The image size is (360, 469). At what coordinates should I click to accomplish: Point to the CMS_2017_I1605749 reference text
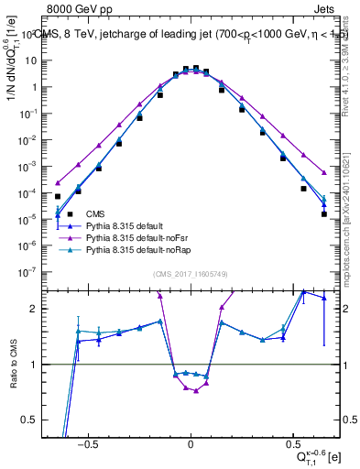pyautogui.click(x=191, y=275)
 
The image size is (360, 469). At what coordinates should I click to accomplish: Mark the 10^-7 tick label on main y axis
pyautogui.click(x=27, y=272)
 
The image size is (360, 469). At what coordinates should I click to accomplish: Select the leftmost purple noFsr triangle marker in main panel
pyautogui.click(x=58, y=182)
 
